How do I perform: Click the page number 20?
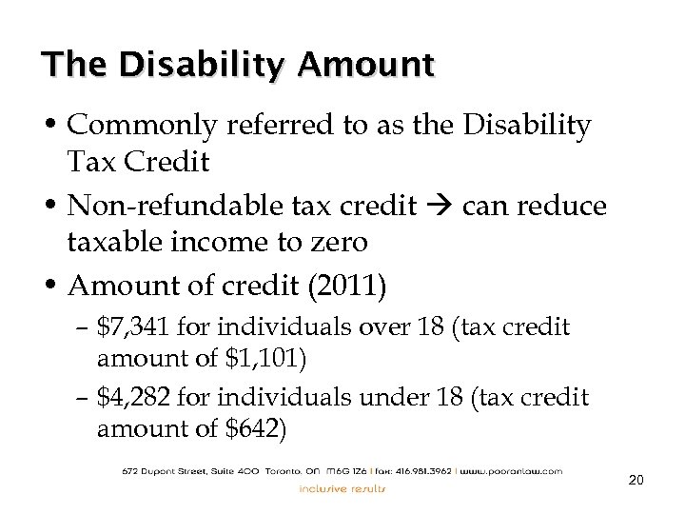pyautogui.click(x=636, y=481)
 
